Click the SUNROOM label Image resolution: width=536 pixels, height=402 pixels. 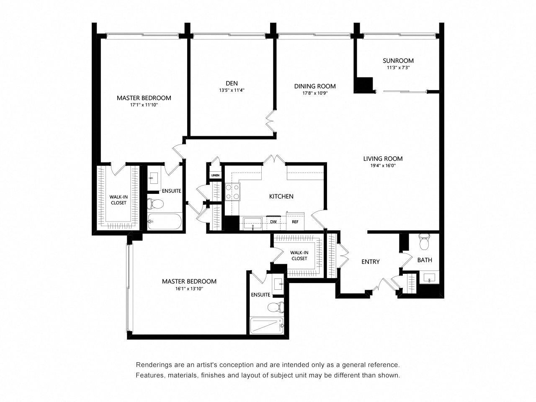pyautogui.click(x=398, y=61)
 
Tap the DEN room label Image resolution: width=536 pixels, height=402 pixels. pyautogui.click(x=232, y=83)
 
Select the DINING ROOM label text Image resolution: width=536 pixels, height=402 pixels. pyautogui.click(x=315, y=86)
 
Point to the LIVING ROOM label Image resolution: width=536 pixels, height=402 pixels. pyautogui.click(x=383, y=159)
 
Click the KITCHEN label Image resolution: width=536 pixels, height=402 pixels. pyautogui.click(x=281, y=196)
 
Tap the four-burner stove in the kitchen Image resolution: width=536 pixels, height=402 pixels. pyautogui.click(x=232, y=192)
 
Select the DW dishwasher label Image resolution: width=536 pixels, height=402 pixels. pyautogui.click(x=273, y=222)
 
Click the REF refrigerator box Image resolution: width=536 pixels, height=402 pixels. pyautogui.click(x=295, y=221)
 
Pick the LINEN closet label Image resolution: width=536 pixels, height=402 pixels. pyautogui.click(x=215, y=175)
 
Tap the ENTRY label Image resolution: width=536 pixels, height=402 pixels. pyautogui.click(x=371, y=262)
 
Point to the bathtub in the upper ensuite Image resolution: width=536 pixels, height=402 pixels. pyautogui.click(x=165, y=222)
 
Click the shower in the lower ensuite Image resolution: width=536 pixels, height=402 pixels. pyautogui.click(x=267, y=325)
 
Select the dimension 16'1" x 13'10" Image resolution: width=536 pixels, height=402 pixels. pyautogui.click(x=189, y=289)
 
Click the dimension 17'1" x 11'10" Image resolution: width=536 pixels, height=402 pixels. pyautogui.click(x=144, y=105)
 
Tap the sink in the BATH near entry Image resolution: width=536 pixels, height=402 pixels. pyautogui.click(x=429, y=278)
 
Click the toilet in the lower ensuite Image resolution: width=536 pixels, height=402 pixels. pyautogui.click(x=276, y=307)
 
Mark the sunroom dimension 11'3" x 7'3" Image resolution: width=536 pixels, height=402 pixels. pyautogui.click(x=398, y=67)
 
